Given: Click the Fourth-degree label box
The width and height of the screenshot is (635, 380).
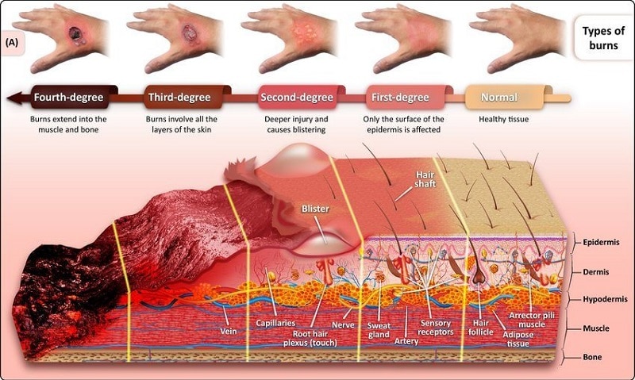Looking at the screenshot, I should (x=68, y=98).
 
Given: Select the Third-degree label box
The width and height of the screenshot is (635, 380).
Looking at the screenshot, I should (x=179, y=98).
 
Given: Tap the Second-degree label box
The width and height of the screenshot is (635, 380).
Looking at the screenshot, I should (x=291, y=98).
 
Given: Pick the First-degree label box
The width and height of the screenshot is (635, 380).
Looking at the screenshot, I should (x=400, y=98).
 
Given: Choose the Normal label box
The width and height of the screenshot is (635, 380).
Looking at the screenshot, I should (x=499, y=98).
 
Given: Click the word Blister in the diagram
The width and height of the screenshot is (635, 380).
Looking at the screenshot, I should (x=315, y=210).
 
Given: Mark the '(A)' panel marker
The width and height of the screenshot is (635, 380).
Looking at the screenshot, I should (x=15, y=41).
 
